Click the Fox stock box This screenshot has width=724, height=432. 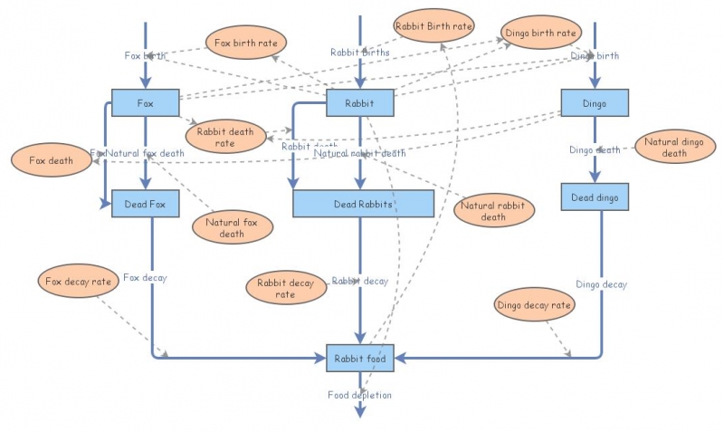146,103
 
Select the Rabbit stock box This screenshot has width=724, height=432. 360,103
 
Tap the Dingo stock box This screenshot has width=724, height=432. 595,103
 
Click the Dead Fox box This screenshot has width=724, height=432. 146,204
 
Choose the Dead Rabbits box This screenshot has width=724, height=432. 363,204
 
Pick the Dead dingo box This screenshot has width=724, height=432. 595,197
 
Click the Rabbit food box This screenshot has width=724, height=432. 360,359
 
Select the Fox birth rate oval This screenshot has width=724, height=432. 246,42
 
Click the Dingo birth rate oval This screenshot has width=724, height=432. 539,34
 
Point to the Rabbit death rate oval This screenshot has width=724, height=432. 225,135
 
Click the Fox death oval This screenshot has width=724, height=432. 50,160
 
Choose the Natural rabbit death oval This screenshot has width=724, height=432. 494,211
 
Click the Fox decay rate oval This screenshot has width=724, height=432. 80,282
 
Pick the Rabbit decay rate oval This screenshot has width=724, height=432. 285,288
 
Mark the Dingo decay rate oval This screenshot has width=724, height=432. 535,305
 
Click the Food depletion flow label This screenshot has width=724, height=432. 360,395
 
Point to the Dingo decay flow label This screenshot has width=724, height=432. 601,284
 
